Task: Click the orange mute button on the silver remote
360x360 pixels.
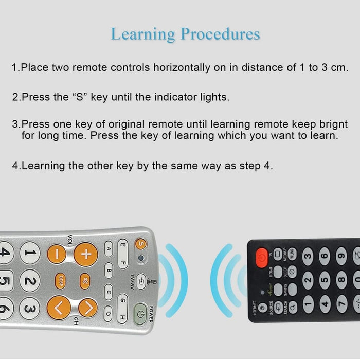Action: click(x=84, y=281)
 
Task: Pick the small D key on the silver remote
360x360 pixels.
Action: click(x=109, y=313)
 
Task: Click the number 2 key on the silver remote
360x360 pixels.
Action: click(x=31, y=281)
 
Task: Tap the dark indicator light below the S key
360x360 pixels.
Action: click(x=140, y=258)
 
